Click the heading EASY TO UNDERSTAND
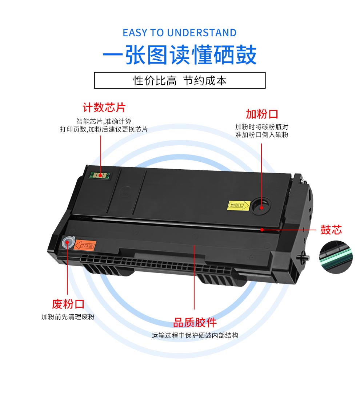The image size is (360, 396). click(180, 33)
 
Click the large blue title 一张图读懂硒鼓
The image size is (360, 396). click(180, 55)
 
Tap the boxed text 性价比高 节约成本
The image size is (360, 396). click(180, 81)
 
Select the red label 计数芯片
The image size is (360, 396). click(104, 108)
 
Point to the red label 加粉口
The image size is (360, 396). click(262, 114)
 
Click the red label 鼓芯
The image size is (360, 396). click(331, 230)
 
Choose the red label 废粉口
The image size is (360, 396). click(68, 304)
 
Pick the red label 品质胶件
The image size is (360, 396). click(195, 323)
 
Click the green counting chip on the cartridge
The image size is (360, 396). click(101, 175)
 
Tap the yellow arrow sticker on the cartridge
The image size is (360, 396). click(239, 205)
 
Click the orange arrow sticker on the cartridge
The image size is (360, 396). click(85, 245)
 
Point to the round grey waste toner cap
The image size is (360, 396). click(68, 242)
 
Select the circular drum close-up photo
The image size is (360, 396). click(336, 257)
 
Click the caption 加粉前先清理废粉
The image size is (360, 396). click(68, 317)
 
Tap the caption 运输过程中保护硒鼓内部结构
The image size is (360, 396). click(195, 335)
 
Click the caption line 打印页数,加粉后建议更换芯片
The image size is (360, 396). click(104, 129)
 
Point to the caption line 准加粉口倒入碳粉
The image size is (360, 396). click(262, 135)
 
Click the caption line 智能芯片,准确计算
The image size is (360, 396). click(104, 121)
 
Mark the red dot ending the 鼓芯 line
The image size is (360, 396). click(262, 230)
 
